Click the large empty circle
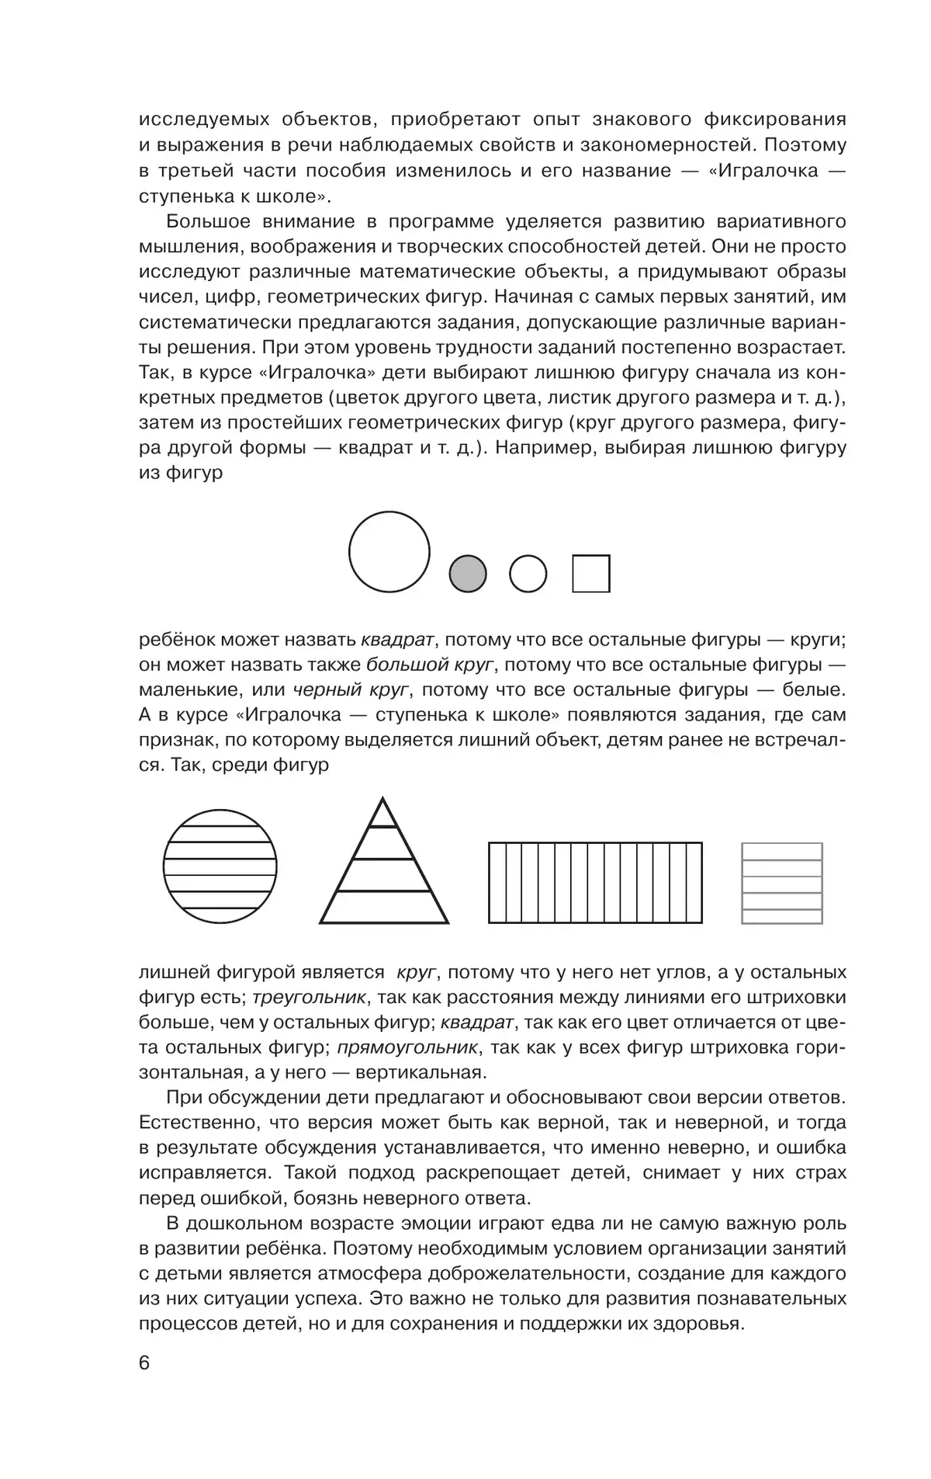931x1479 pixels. pyautogui.click(x=389, y=552)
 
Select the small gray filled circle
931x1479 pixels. pyautogui.click(x=468, y=575)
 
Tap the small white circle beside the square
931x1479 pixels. pyautogui.click(x=528, y=575)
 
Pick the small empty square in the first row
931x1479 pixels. pyautogui.click(x=591, y=574)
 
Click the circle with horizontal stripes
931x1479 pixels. pyautogui.click(x=220, y=866)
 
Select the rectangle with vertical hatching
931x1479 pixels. pyautogui.click(x=595, y=883)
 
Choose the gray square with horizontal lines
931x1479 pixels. pyautogui.click(x=782, y=884)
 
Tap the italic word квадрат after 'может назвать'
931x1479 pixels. pyautogui.click(x=397, y=640)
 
